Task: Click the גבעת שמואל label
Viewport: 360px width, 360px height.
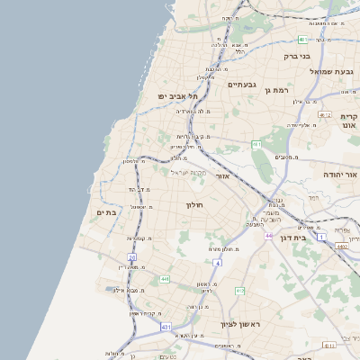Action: click(335, 71)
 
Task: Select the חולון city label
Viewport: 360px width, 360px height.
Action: click(196, 205)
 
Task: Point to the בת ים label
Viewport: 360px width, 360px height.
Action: click(107, 212)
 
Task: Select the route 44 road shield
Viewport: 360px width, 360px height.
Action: click(268, 235)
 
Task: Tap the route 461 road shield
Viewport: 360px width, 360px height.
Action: click(256, 144)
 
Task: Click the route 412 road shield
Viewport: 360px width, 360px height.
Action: click(239, 291)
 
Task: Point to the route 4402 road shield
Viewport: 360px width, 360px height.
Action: click(341, 245)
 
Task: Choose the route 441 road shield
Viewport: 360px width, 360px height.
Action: click(166, 280)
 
